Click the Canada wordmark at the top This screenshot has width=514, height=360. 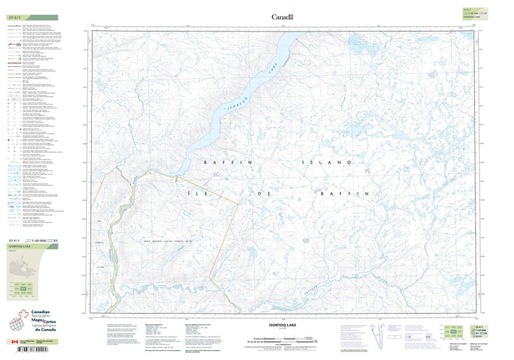pyautogui.click(x=282, y=17)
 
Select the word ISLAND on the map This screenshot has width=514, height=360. pyautogui.click(x=328, y=163)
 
